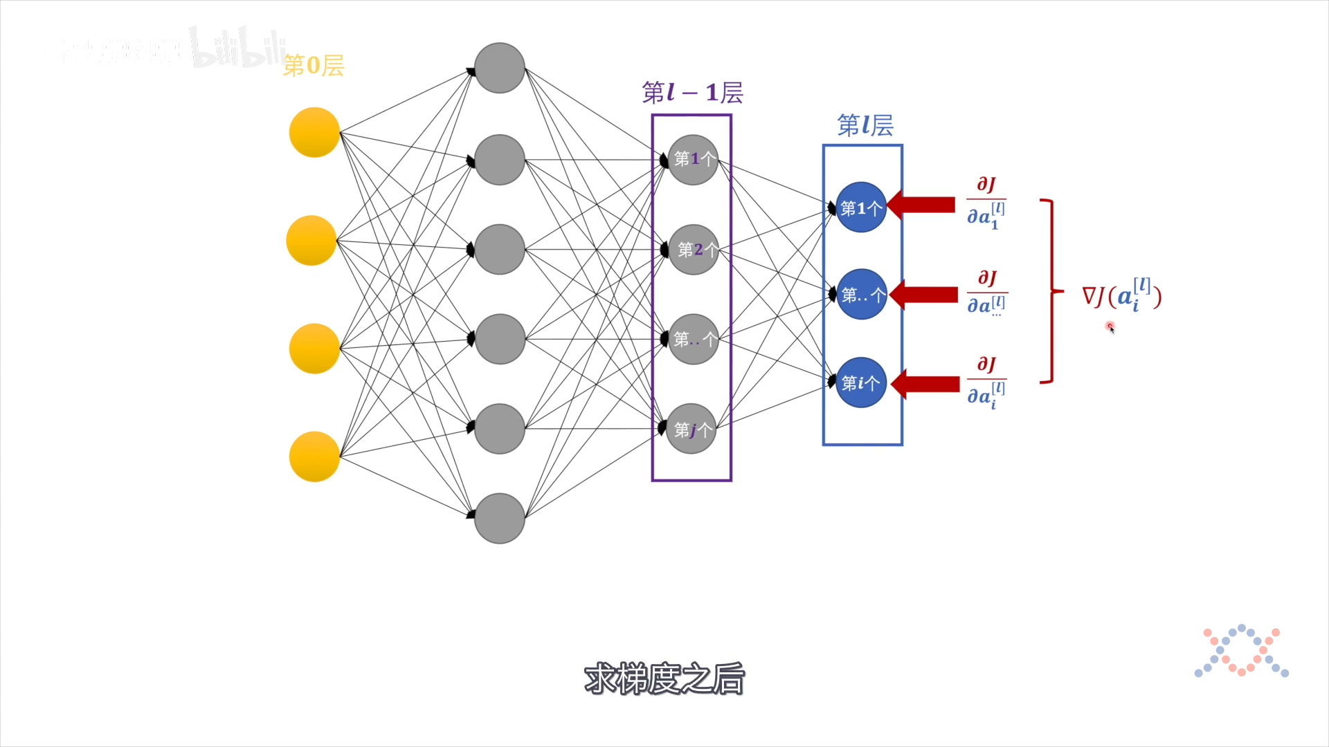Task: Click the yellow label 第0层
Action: click(314, 66)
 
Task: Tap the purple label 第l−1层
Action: click(692, 93)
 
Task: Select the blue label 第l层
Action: click(865, 125)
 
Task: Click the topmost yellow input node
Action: click(314, 132)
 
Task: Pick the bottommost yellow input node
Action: click(314, 456)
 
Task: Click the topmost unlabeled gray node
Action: click(499, 68)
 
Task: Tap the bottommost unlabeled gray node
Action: click(499, 518)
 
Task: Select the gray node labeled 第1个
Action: click(693, 160)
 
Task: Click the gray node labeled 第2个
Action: click(693, 250)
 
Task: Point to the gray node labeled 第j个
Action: click(691, 429)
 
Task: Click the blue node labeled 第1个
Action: click(861, 207)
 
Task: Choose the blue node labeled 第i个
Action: click(861, 382)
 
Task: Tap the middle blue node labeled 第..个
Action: click(861, 295)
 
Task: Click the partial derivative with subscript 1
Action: click(986, 203)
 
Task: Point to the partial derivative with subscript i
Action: click(986, 383)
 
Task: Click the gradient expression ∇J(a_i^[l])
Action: click(1121, 296)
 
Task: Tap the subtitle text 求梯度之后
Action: click(664, 679)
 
